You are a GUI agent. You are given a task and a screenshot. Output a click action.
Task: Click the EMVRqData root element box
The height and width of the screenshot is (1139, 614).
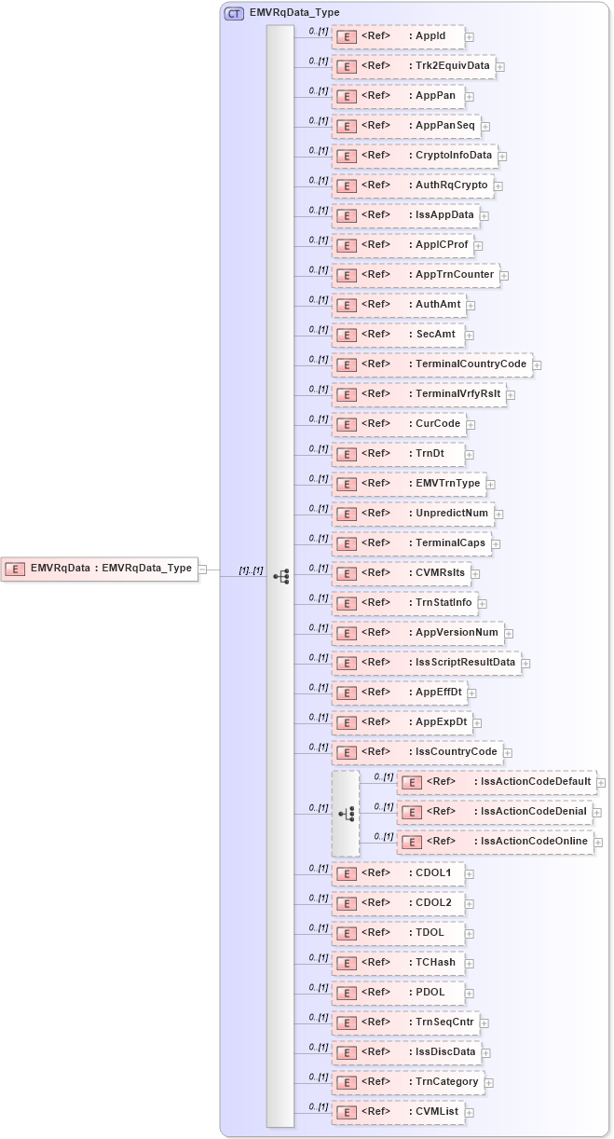click(x=101, y=569)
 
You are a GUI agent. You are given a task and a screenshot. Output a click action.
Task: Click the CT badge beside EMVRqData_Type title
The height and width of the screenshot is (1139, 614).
click(x=234, y=13)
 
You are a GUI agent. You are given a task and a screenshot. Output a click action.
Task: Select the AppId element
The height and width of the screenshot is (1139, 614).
click(x=398, y=36)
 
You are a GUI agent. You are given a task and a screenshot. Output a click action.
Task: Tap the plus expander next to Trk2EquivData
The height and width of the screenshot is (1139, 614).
click(x=500, y=67)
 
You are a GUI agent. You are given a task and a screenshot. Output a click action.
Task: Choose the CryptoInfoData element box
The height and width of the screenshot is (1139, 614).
click(x=415, y=156)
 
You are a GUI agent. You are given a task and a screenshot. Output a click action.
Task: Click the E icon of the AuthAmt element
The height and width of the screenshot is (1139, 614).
click(x=346, y=306)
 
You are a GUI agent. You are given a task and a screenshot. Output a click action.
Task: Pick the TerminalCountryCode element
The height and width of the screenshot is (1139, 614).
click(x=431, y=364)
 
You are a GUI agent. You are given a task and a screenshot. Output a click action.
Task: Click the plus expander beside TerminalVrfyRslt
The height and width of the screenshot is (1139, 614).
click(x=511, y=395)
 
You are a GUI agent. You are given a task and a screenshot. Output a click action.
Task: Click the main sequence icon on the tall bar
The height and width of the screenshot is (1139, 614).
click(x=280, y=577)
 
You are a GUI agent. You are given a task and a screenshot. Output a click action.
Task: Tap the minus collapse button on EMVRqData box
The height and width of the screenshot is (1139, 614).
click(x=203, y=569)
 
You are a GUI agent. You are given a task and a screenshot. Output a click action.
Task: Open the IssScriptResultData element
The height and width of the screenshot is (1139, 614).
click(x=426, y=663)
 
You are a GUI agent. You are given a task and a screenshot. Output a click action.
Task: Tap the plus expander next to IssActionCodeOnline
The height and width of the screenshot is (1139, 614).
click(x=597, y=843)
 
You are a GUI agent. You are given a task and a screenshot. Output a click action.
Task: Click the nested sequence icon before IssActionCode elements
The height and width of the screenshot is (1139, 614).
click(x=346, y=814)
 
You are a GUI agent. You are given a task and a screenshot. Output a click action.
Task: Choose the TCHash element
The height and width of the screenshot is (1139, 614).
click(x=398, y=963)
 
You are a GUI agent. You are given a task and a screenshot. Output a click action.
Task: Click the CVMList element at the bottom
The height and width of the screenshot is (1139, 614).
click(x=398, y=1112)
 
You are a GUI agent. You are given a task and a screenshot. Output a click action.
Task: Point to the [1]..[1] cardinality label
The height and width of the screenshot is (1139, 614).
click(x=251, y=569)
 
